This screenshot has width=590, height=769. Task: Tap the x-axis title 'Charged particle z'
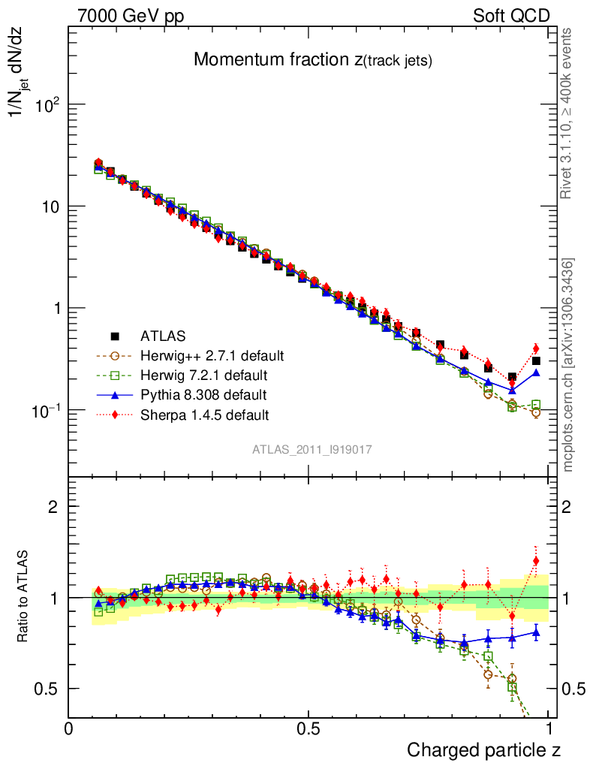pyautogui.click(x=483, y=749)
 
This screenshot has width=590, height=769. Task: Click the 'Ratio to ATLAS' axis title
pyautogui.click(x=25, y=597)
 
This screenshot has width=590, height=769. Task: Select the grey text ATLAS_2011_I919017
pyautogui.click(x=312, y=449)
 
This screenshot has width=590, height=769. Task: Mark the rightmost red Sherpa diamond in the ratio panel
pyautogui.click(x=536, y=560)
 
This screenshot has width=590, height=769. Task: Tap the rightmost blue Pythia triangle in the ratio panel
pyautogui.click(x=536, y=632)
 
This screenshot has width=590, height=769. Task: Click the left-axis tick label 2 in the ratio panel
pyautogui.click(x=53, y=506)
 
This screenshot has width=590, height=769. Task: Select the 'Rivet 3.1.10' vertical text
pyautogui.click(x=567, y=113)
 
